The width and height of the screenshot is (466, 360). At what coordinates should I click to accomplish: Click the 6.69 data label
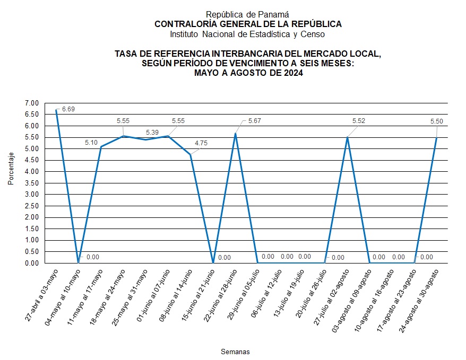68,109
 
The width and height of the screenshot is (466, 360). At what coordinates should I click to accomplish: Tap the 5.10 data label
92,143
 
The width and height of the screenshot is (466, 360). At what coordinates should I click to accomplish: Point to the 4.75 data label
202,143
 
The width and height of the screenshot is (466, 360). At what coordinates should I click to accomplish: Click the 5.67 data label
255,121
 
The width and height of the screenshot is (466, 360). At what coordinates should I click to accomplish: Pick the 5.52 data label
359,121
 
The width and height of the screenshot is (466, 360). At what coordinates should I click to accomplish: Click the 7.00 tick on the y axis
32,103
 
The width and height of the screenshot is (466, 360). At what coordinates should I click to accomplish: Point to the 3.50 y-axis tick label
32,183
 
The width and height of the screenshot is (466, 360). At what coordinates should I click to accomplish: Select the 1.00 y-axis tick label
32,240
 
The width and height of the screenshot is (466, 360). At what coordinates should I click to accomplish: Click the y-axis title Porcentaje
11,169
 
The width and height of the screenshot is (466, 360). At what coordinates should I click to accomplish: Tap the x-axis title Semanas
235,352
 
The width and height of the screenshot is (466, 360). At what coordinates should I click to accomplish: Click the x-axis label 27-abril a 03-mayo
42,295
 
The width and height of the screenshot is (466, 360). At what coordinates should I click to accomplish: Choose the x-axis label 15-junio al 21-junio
199,295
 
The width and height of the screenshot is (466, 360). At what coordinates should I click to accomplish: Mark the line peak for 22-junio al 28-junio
235,134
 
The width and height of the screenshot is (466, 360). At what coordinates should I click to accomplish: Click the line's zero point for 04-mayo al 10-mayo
79,262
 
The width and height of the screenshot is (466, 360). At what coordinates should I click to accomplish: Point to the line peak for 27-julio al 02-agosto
347,137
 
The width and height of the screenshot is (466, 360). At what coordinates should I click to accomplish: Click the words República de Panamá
248,15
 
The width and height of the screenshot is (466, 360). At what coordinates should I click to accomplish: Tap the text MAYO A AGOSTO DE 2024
248,74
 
